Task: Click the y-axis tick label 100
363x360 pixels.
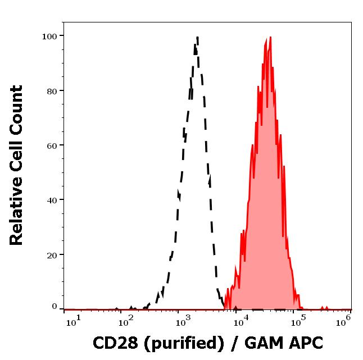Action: point(50,36)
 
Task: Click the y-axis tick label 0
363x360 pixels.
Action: point(55,307)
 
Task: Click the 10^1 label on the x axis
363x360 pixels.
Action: point(74,320)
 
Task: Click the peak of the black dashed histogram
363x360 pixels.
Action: point(197,38)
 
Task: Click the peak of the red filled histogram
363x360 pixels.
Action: point(270,37)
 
